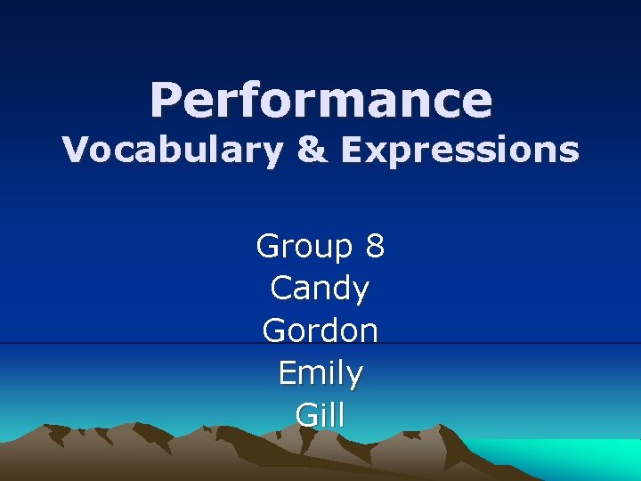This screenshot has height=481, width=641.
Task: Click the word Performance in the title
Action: [320, 100]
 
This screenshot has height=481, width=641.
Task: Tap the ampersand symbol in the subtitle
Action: [311, 151]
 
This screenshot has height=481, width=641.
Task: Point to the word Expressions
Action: [459, 151]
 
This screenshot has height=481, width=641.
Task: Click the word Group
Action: [304, 247]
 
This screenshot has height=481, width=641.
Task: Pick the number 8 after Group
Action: [375, 246]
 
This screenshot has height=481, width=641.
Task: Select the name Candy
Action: [320, 289]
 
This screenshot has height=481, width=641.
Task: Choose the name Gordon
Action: [320, 330]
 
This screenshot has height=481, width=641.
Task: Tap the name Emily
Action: [320, 373]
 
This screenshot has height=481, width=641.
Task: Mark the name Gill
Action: [320, 415]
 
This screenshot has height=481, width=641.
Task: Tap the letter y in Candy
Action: [360, 292]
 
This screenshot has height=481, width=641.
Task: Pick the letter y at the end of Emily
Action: [354, 377]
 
